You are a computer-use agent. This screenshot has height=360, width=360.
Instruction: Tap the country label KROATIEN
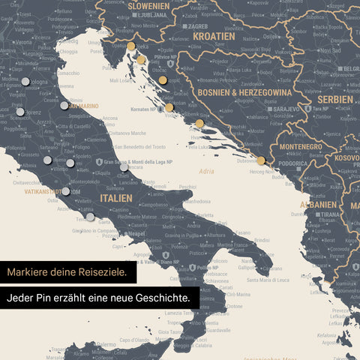214,35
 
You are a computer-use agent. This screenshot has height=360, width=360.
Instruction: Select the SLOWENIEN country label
148,5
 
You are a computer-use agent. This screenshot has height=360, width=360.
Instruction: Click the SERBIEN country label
335,100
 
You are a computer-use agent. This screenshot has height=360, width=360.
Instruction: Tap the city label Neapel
136,233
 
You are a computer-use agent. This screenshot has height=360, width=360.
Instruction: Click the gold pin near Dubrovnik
260,160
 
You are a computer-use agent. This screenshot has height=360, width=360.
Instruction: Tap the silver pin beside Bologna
25,81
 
